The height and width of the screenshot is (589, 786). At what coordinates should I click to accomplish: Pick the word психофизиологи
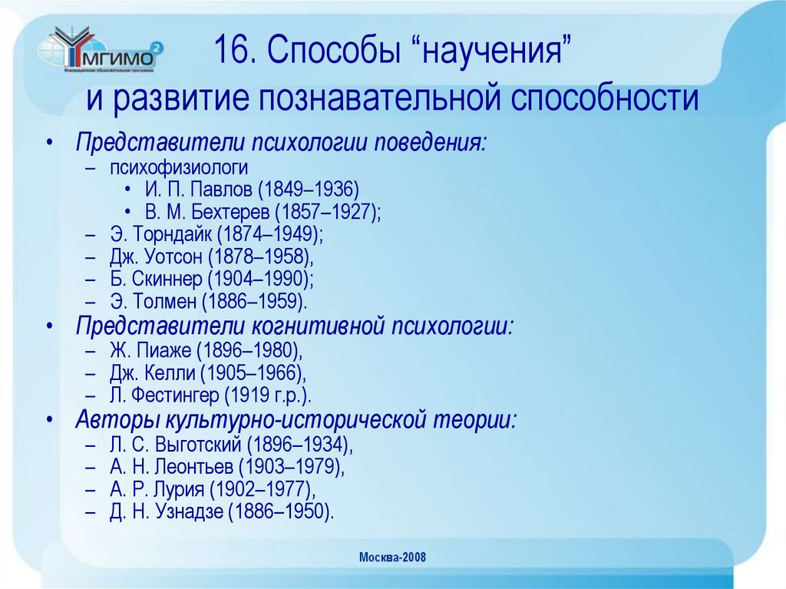[178, 167]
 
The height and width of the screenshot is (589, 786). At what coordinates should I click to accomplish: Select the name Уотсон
[176, 257]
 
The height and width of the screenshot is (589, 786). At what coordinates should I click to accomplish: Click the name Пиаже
[163, 351]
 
